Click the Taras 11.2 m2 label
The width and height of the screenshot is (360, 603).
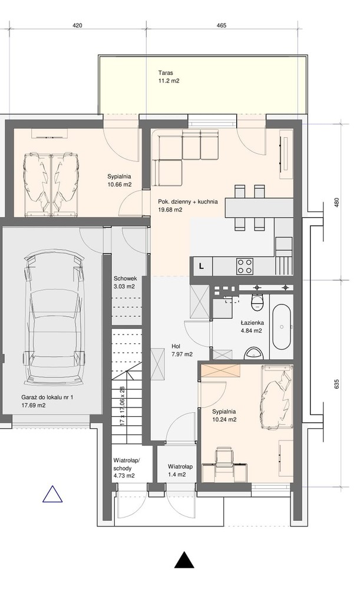(x=169, y=77)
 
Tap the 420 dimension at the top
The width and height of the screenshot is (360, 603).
(x=77, y=26)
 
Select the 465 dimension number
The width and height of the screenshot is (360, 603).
(x=222, y=26)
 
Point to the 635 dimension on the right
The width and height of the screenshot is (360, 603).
(x=337, y=384)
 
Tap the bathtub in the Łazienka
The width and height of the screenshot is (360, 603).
(x=282, y=327)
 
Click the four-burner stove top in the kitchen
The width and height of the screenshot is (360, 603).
(x=245, y=266)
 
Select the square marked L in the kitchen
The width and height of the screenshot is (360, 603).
(x=201, y=266)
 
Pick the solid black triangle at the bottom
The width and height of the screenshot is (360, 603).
(x=184, y=560)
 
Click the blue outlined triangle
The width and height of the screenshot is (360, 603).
(x=52, y=494)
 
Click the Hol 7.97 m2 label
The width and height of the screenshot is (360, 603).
(x=182, y=350)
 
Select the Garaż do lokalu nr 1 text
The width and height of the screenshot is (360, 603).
(x=47, y=397)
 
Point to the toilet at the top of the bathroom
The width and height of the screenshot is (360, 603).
(x=256, y=302)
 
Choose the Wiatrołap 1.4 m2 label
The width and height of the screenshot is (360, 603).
(x=180, y=471)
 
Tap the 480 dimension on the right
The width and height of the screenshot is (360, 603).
(x=337, y=203)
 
